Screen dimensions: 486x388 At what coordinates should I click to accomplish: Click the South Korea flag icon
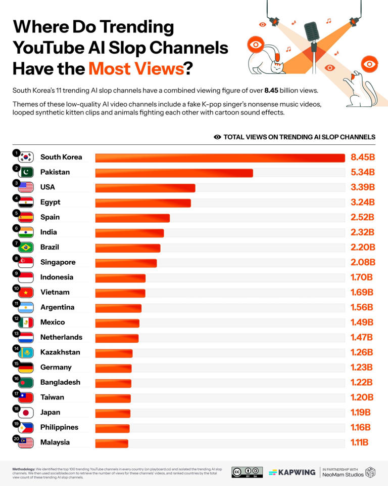click(25, 157)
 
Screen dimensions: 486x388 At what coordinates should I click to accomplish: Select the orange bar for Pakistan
click(174, 173)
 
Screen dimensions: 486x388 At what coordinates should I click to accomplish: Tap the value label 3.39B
click(362, 187)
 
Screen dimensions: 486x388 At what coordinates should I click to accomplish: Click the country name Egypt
click(50, 202)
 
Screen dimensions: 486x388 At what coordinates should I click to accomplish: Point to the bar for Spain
click(132, 218)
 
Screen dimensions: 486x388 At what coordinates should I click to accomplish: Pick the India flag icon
click(25, 232)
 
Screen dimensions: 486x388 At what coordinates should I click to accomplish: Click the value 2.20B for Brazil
click(363, 247)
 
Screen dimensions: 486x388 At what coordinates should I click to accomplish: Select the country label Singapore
click(58, 262)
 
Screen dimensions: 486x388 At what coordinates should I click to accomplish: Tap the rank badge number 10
click(16, 288)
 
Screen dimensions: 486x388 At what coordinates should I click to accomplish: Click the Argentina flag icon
click(25, 307)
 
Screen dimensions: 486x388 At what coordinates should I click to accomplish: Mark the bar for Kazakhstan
click(114, 353)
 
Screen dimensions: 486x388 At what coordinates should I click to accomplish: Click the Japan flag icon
click(25, 413)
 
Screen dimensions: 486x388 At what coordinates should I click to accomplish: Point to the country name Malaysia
click(55, 442)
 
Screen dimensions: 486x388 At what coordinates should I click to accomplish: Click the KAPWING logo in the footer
click(292, 472)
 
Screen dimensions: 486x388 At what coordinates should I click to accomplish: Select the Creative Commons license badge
click(247, 472)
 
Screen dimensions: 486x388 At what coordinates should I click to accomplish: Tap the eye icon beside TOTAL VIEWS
click(217, 137)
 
